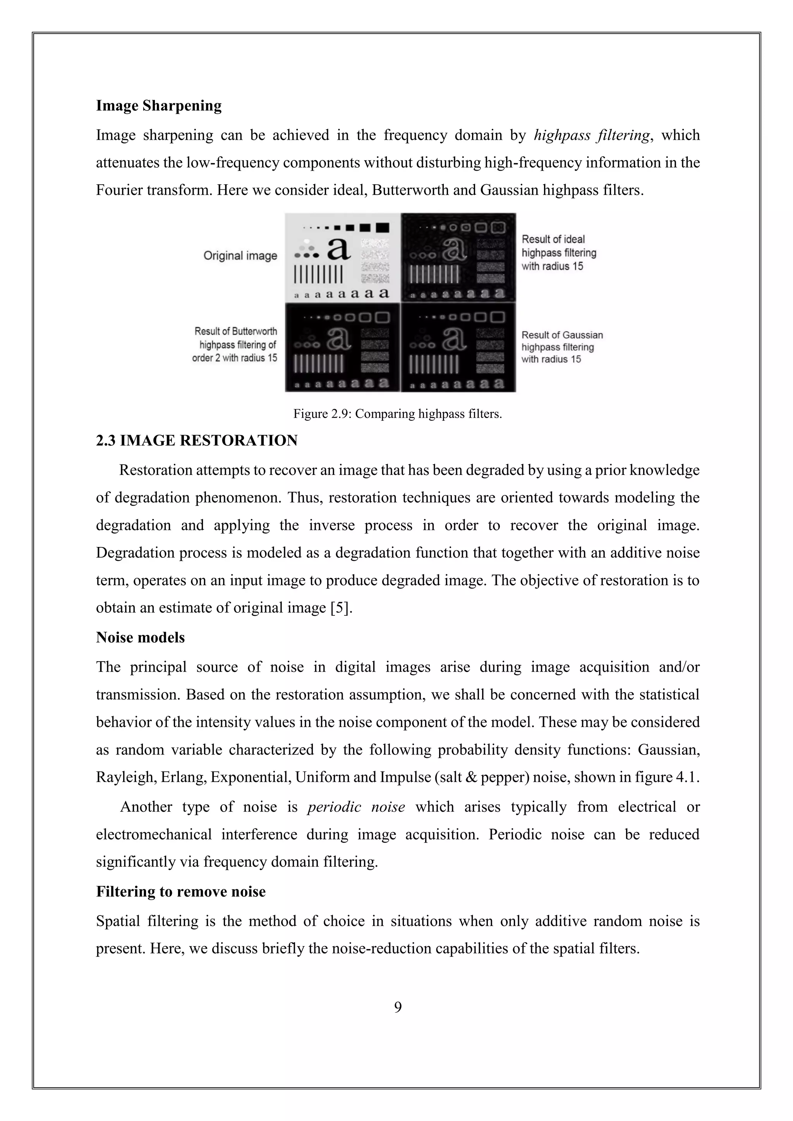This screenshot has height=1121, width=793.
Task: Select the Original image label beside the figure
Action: click(x=240, y=255)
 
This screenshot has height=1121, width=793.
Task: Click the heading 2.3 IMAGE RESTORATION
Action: click(x=196, y=441)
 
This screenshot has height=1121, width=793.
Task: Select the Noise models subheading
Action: click(x=140, y=637)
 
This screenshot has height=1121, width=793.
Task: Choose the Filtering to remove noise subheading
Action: click(x=181, y=891)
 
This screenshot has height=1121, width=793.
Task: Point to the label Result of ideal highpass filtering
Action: click(x=559, y=252)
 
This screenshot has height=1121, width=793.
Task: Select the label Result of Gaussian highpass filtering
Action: click(x=561, y=347)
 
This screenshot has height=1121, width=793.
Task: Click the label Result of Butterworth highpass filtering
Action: click(x=235, y=344)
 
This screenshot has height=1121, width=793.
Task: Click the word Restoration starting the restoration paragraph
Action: click(x=156, y=470)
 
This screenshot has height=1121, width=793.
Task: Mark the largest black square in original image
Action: click(x=382, y=228)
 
